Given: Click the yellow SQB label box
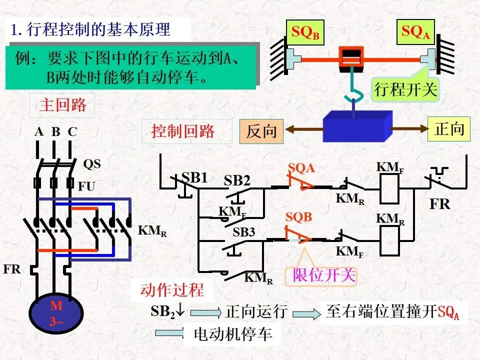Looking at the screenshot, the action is (x=305, y=32).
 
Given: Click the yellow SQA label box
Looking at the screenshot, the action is (x=415, y=32).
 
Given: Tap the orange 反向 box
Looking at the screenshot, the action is (x=261, y=131).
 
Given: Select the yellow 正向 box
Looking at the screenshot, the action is (x=449, y=129).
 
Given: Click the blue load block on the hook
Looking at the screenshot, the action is (x=357, y=126).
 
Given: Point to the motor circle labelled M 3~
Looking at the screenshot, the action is (x=56, y=313).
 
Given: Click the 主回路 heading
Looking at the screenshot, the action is (x=62, y=105).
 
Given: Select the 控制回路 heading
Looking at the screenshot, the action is (x=183, y=131).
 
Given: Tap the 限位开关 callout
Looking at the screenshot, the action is (x=321, y=275).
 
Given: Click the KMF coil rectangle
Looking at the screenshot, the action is (x=389, y=188).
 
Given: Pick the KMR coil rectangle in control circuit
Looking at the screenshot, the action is (x=389, y=240).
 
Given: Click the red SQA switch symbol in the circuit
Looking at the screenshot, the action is (x=301, y=182).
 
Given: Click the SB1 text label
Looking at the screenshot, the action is (x=194, y=177).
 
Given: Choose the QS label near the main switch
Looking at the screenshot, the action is (x=92, y=164).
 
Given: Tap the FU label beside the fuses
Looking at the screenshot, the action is (x=86, y=186).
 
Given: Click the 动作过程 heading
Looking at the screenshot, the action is (x=172, y=289).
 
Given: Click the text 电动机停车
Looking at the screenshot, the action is (x=233, y=333).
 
